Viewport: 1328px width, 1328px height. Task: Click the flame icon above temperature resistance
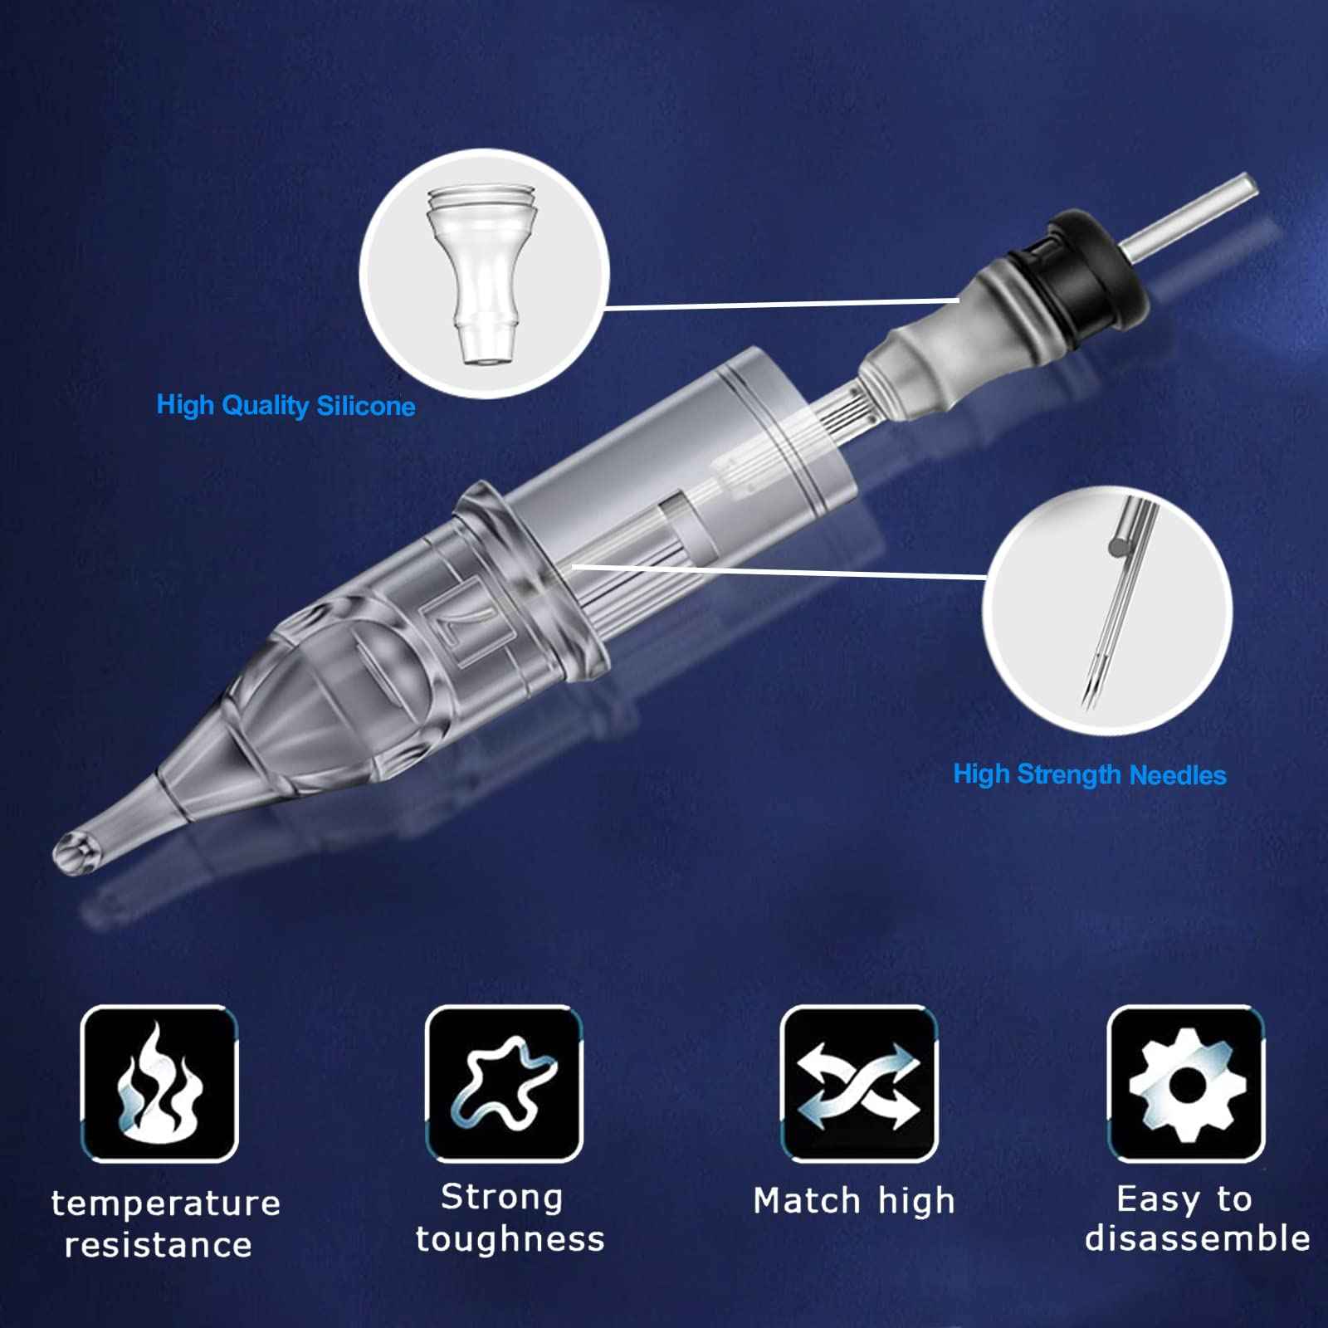pos(159,1083)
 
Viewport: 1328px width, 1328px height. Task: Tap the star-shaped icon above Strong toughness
pos(505,1083)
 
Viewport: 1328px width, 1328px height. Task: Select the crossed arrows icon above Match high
pos(858,1083)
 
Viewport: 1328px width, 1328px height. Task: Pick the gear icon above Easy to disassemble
pos(1186,1083)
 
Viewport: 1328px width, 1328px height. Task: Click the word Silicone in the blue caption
pos(365,406)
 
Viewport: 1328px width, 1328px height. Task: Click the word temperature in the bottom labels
pos(166,1203)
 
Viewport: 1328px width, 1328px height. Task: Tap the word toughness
pos(510,1239)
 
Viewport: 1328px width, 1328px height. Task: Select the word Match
pos(807,1201)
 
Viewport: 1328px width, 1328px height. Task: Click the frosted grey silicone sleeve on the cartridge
pos(954,349)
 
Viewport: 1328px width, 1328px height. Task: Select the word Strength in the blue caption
pos(1068,775)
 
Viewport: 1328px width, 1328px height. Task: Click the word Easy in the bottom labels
pos(1155,1199)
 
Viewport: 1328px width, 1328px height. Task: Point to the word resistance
pos(159,1245)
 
